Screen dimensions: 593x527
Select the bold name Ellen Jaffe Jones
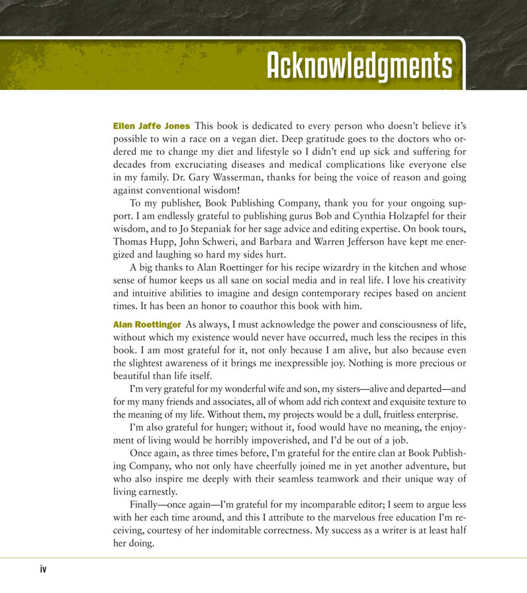point(152,126)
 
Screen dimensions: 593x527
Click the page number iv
point(44,570)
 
